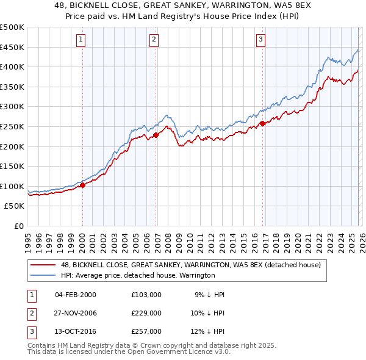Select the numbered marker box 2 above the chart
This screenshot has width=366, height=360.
154,40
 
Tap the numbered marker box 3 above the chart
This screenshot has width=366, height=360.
260,40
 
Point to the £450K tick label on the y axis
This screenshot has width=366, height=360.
12,47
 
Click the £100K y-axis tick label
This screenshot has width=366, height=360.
12,186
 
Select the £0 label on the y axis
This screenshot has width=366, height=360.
18,226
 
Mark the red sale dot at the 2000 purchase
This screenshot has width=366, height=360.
82,185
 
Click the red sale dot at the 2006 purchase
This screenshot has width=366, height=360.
156,135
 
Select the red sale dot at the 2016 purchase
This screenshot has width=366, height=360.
262,123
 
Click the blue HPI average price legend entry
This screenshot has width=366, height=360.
138,276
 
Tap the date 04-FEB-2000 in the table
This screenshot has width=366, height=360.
76,294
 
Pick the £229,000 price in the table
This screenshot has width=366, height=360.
146,312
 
